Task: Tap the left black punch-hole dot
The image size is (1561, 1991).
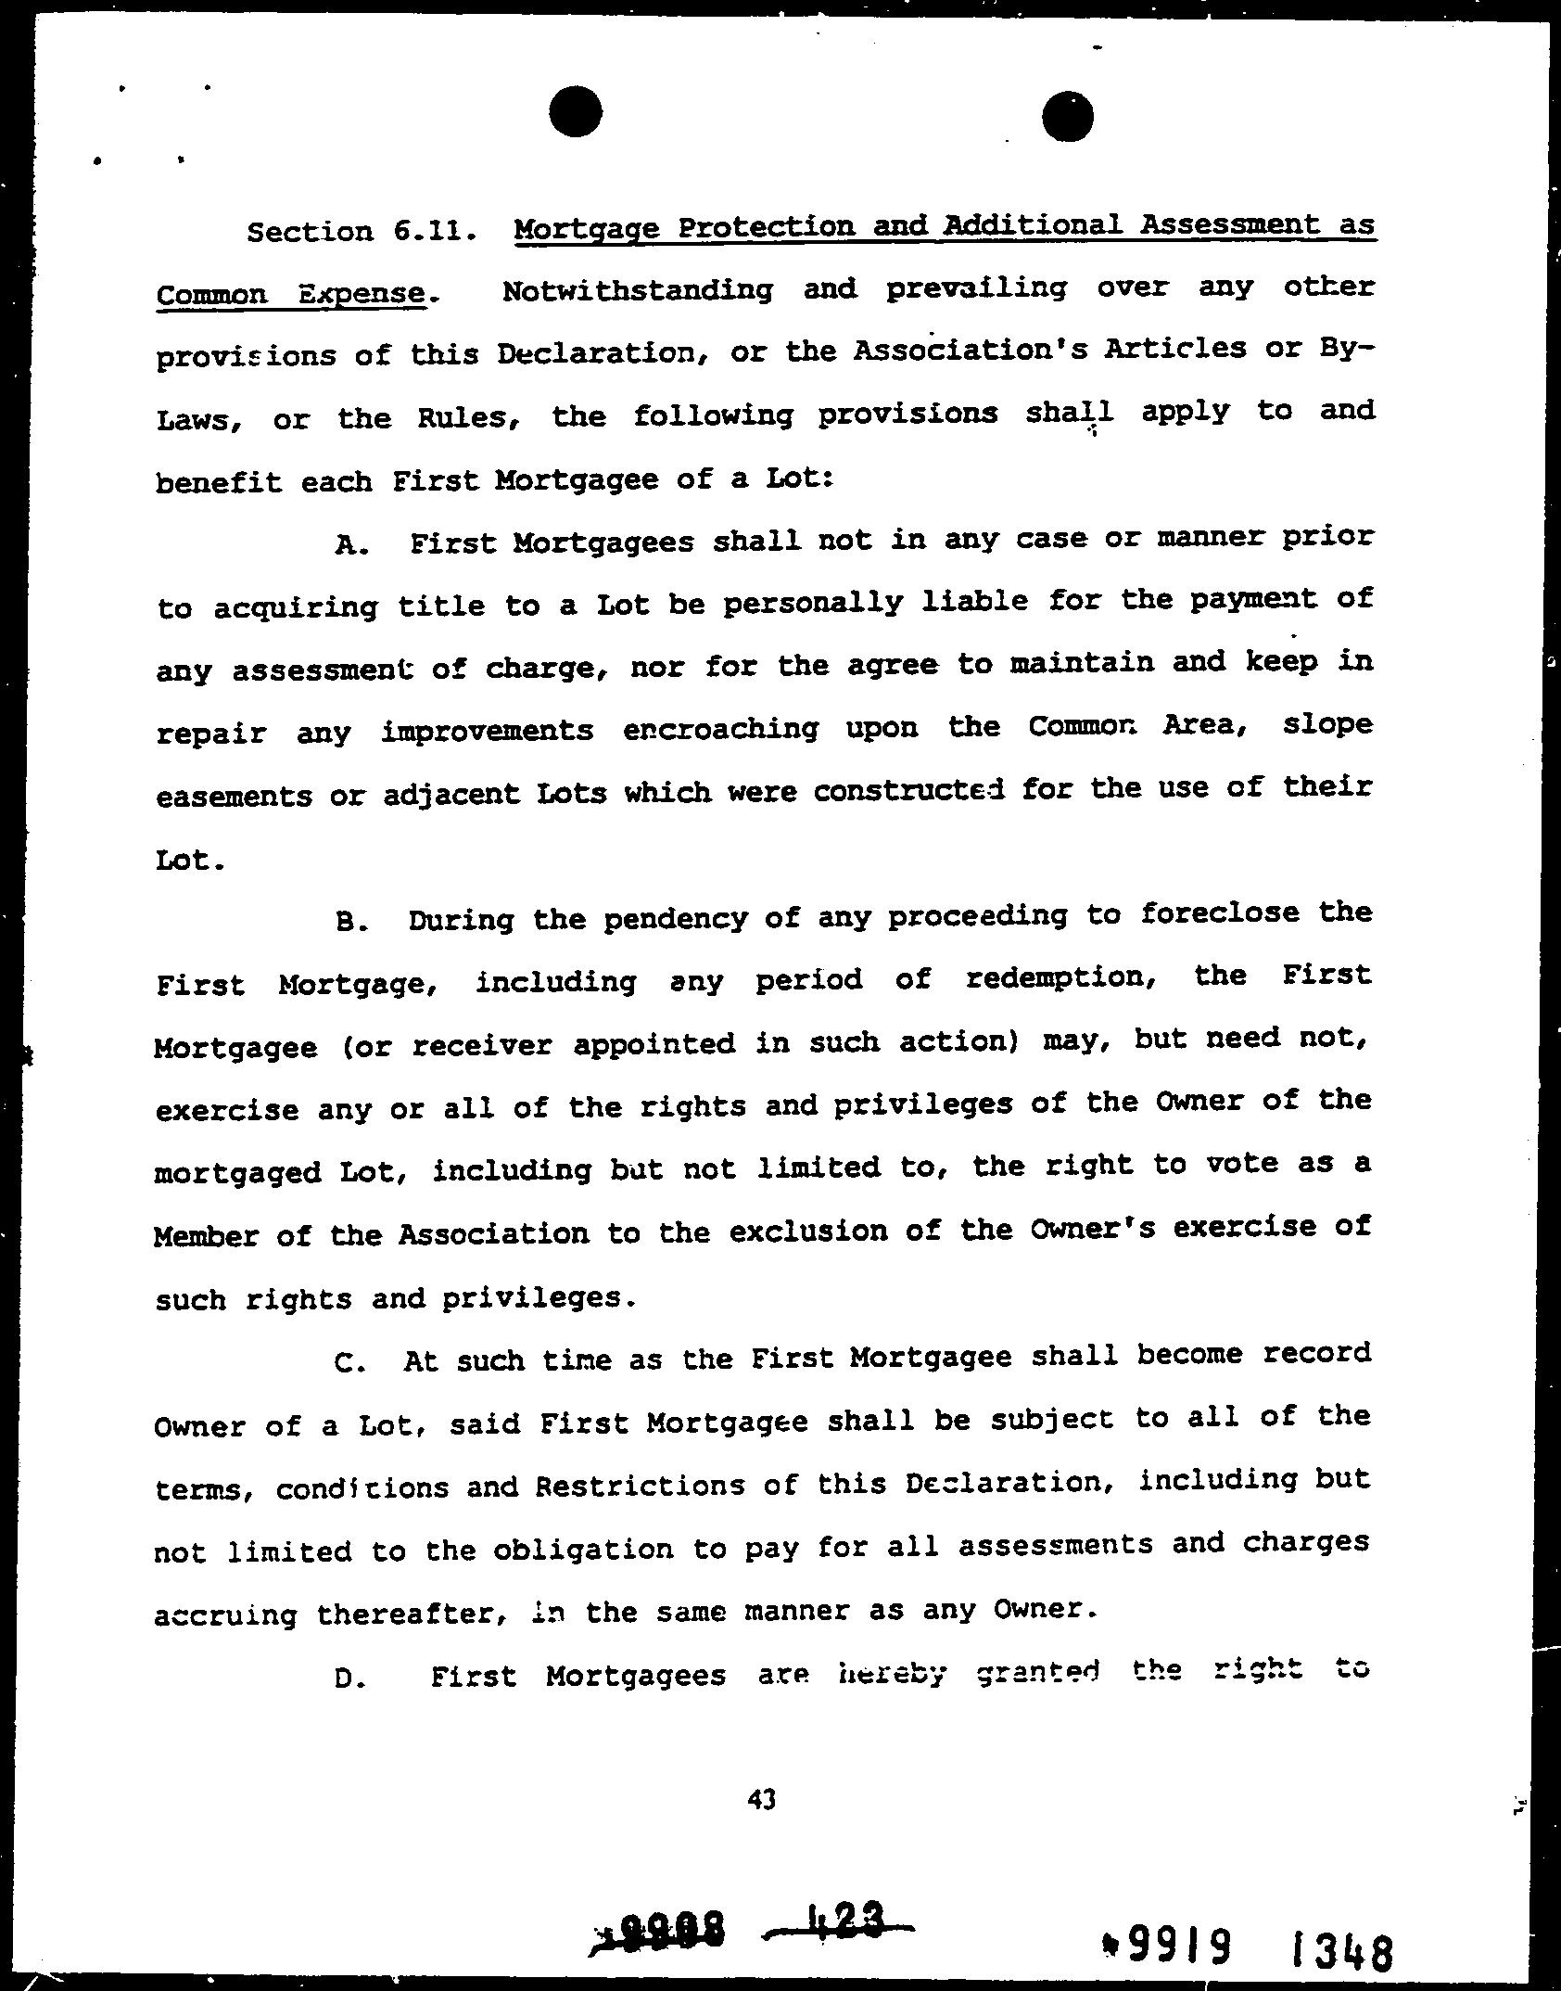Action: pos(575,112)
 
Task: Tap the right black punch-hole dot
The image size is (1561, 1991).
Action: pos(1067,117)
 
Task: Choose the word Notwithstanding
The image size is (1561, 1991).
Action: pos(637,291)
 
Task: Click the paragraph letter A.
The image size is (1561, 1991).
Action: pos(351,545)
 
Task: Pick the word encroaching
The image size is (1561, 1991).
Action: pos(721,730)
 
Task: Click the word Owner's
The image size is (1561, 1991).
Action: pos(1089,1230)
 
